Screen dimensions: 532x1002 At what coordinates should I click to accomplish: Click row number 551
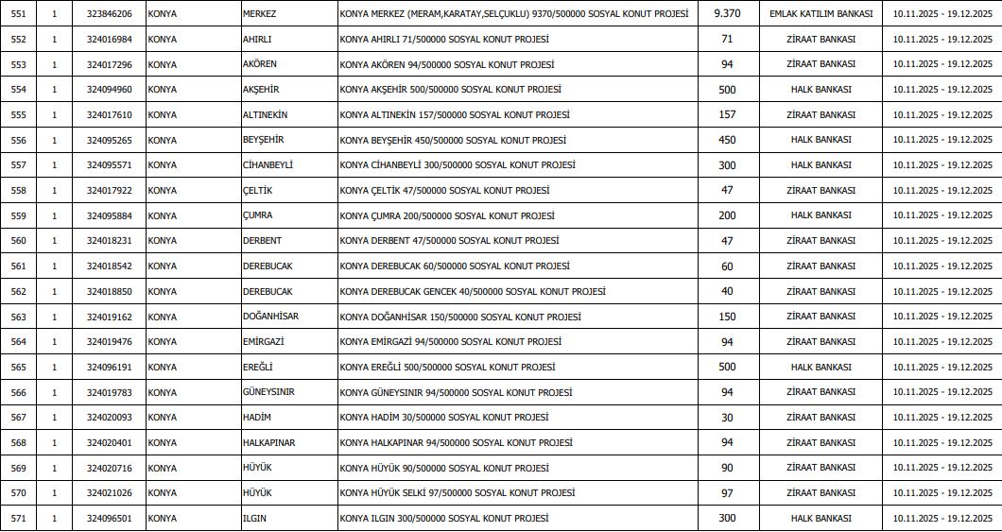click(19, 14)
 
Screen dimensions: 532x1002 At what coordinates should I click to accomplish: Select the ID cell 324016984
click(109, 40)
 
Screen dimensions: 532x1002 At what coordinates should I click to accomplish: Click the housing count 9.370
click(727, 14)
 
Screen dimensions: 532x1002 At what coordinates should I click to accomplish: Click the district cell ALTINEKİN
click(265, 115)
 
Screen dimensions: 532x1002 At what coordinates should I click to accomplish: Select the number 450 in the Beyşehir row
click(727, 140)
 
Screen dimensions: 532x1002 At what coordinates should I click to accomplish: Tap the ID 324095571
click(109, 165)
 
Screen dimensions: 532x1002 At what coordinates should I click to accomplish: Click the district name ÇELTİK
click(258, 191)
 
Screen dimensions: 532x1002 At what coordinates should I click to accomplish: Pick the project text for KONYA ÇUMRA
click(446, 215)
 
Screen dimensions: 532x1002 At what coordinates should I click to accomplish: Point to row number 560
click(19, 241)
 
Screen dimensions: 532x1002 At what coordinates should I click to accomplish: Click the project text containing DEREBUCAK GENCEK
click(473, 291)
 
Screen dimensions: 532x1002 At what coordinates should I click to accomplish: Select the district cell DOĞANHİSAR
click(270, 317)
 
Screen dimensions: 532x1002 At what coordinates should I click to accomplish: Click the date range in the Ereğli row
click(942, 367)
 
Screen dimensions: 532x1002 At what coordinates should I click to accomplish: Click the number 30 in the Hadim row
click(727, 418)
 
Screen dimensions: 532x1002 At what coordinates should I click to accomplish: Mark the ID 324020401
click(109, 442)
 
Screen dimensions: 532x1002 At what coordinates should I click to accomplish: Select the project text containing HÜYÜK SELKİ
click(458, 493)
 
